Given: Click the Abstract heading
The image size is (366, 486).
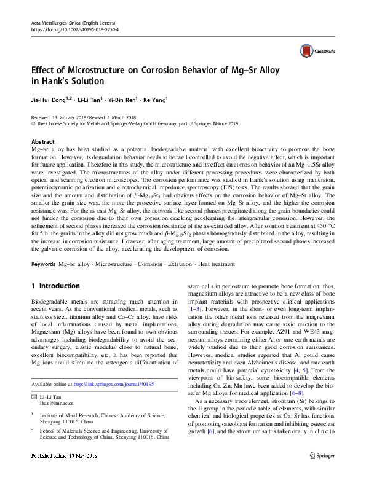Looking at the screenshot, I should pyautogui.click(x=42, y=141).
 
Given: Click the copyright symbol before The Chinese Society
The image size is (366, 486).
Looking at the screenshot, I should pyautogui.click(x=33, y=123).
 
